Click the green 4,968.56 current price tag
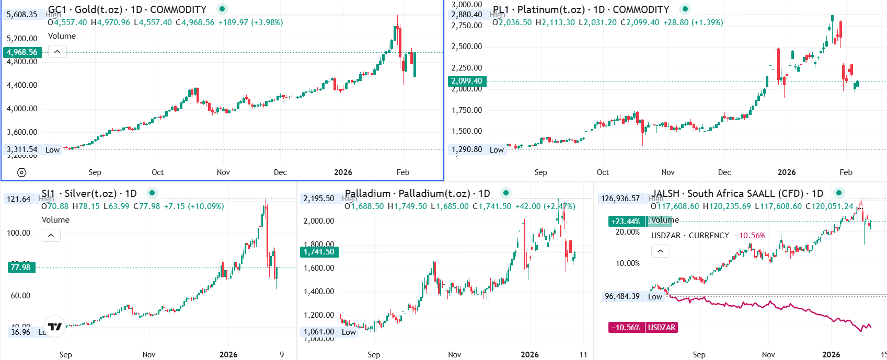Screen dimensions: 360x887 [x=22, y=52]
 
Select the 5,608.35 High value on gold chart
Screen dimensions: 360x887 [x=22, y=15]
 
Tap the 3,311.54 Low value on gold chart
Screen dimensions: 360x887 [x=22, y=149]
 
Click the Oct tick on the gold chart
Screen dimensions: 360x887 [x=157, y=172]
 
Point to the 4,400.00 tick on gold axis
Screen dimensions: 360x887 [x=22, y=85]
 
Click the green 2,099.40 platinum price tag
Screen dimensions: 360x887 [x=467, y=81]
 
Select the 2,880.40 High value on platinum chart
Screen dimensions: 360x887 [x=467, y=15]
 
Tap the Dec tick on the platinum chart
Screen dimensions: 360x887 [x=724, y=172]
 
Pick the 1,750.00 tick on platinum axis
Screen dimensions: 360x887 [x=467, y=110]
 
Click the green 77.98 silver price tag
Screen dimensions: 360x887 [x=20, y=267]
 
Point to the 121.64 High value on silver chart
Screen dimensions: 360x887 [x=19, y=199]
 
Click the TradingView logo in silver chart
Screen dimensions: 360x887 [x=54, y=327]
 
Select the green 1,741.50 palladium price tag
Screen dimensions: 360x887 [x=319, y=252]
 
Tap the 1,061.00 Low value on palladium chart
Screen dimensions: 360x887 [x=319, y=332]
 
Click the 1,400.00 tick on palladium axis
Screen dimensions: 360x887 [x=319, y=292]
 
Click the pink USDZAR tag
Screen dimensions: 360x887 [x=662, y=328]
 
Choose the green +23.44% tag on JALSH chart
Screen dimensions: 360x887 [x=626, y=222]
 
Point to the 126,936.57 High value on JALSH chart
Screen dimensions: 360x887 [x=620, y=199]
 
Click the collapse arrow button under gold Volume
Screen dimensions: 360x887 [x=57, y=52]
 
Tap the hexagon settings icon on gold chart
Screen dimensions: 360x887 [x=21, y=172]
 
